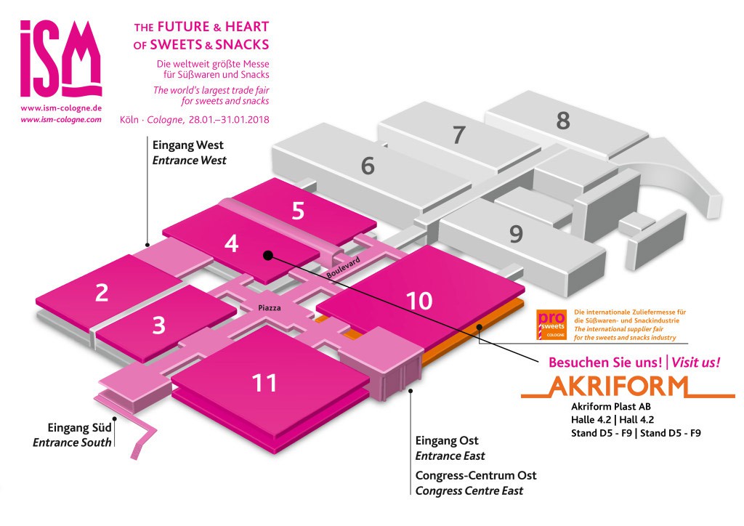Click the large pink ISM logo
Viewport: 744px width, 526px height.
61,59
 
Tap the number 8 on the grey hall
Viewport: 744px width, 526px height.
563,120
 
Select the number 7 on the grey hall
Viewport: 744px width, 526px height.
458,134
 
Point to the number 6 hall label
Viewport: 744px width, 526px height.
368,166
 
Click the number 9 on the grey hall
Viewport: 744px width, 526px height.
516,233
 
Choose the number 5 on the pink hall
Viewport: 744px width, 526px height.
298,211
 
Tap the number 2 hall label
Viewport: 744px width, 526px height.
102,293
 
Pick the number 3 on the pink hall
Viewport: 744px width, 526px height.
158,325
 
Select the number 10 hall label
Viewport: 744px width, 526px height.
419,301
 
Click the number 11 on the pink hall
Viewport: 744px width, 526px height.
264,383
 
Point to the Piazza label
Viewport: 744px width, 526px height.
269,308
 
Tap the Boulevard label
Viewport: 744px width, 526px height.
343,268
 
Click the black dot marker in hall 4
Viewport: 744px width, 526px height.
267,256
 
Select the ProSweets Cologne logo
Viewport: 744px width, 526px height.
551,325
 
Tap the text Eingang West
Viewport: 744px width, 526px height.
187,145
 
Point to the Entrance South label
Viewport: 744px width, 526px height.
72,442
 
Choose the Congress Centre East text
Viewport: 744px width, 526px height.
469,491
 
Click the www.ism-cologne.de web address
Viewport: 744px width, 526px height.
61,108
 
